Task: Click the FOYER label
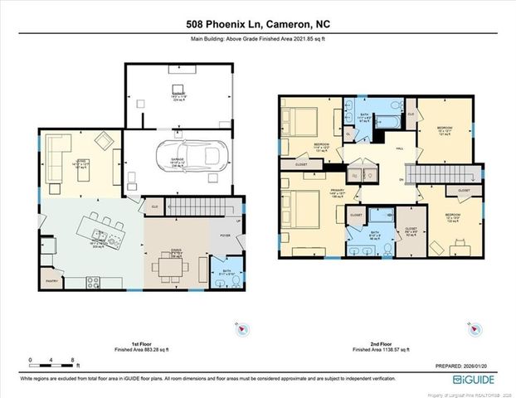pos(225,235)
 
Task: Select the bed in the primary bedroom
pos(299,207)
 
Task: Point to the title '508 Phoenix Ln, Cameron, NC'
pos(257,24)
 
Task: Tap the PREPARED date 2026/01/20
pos(469,366)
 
